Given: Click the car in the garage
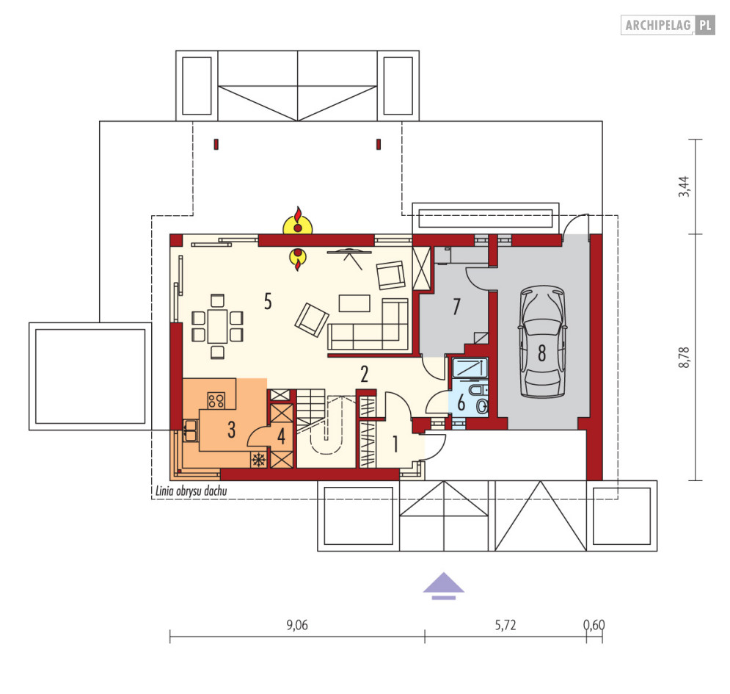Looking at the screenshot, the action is click(542, 341).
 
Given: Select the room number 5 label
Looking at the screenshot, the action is click(268, 302).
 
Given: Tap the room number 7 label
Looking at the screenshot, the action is click(457, 306).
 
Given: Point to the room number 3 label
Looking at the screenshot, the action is click(231, 430).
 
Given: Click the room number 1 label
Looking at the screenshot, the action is click(395, 444).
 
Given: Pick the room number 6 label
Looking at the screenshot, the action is click(461, 402).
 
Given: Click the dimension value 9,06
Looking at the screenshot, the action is click(297, 625).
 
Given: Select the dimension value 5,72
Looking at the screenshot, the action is click(505, 625).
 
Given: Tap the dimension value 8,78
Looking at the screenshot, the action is click(684, 358).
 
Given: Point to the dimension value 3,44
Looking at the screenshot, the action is click(684, 187).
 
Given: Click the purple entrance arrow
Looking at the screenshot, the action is click(444, 585).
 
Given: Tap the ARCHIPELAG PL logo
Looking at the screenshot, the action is click(668, 25).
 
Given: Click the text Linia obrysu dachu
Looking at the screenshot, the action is click(191, 491).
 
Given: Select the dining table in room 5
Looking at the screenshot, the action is click(217, 326).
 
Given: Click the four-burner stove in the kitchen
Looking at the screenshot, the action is click(216, 400).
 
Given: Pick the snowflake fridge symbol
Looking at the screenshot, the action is click(259, 460).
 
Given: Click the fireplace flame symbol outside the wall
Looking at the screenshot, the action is click(297, 221).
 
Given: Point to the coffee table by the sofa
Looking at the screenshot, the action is click(355, 303).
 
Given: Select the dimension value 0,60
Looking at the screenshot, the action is click(594, 625).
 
